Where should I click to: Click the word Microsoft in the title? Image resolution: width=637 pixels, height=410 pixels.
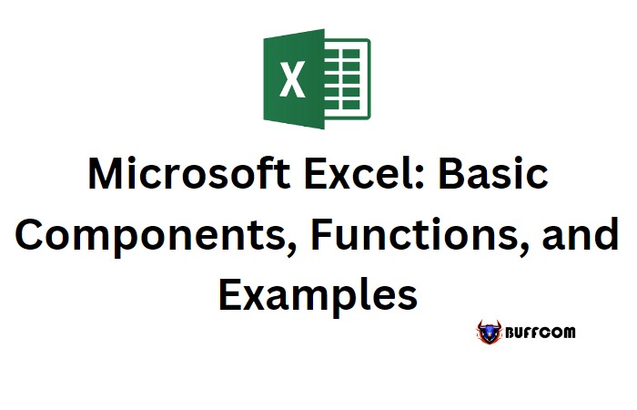click(x=189, y=174)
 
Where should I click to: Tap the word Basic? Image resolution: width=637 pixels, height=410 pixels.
click(x=493, y=174)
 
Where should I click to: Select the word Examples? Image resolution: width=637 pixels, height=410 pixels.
click(x=318, y=294)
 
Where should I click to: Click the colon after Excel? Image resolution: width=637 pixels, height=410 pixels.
click(x=420, y=179)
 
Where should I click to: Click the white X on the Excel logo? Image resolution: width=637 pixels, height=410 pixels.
click(x=292, y=79)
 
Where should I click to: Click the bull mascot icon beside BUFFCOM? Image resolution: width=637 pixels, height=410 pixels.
click(x=490, y=333)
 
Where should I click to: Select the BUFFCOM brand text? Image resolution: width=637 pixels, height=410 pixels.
click(x=541, y=333)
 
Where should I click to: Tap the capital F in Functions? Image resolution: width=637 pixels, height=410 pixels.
click(x=321, y=233)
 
